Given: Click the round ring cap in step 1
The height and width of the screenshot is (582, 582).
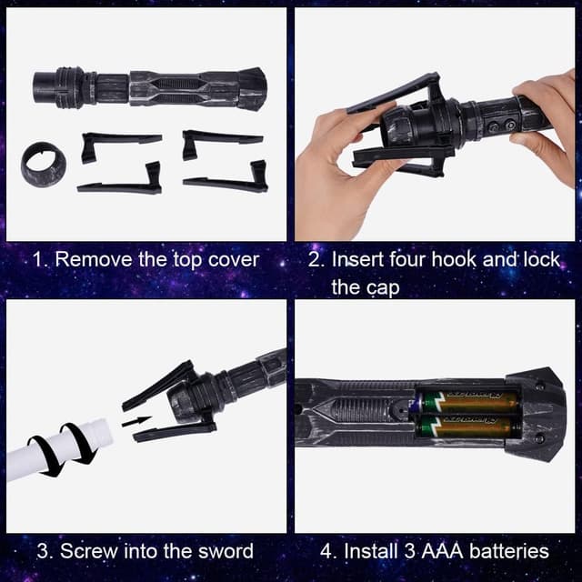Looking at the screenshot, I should (x=44, y=165).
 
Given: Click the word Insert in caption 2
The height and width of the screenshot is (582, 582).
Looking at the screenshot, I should (x=357, y=259).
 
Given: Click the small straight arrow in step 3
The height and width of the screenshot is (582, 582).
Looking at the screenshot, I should (x=137, y=421).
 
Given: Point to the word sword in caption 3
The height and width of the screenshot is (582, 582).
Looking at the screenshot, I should (x=226, y=551).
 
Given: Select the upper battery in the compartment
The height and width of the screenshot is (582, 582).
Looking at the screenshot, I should (x=468, y=401).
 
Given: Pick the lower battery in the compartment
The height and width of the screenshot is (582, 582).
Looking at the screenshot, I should (x=468, y=426).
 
